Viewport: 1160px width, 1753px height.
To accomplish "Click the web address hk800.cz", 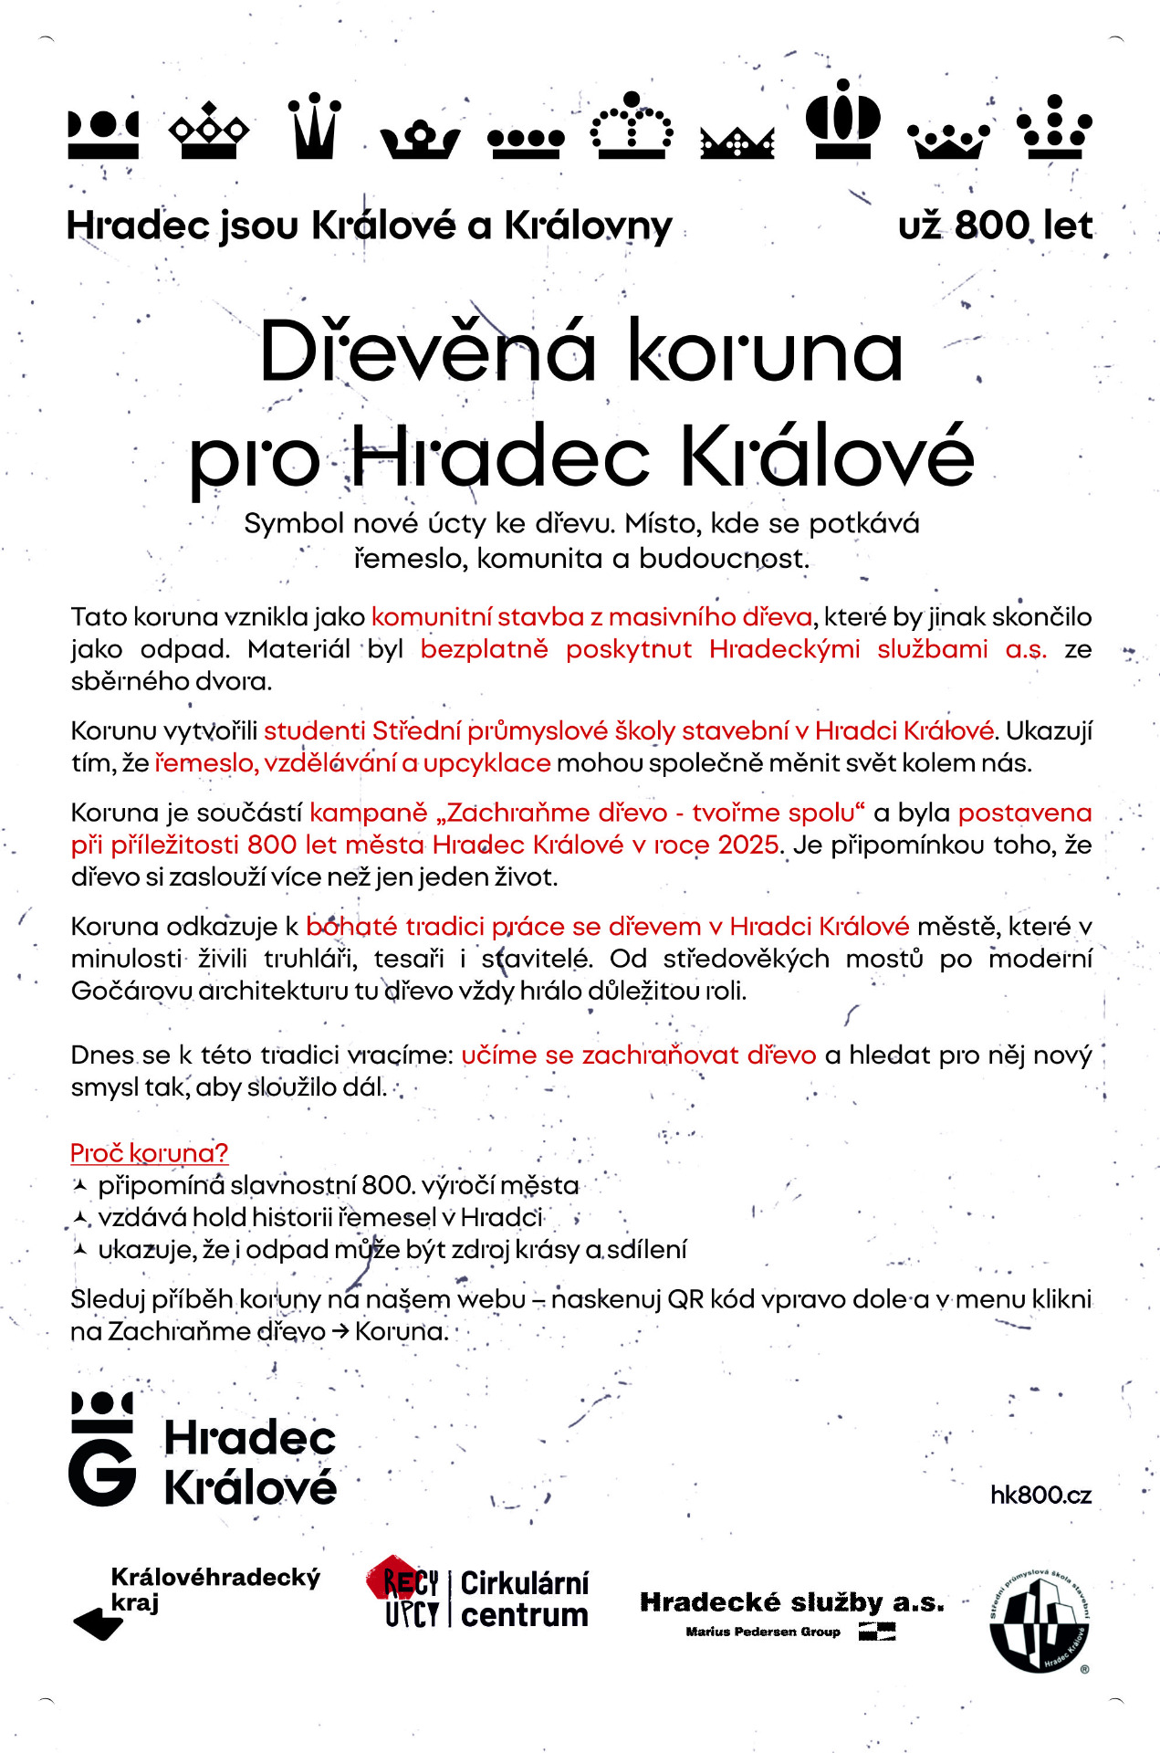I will [1040, 1495].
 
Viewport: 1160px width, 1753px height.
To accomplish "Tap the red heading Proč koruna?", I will [149, 1153].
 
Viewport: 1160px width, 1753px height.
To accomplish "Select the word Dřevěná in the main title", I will [428, 352].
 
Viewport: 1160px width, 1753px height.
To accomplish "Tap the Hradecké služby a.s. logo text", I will [791, 1602].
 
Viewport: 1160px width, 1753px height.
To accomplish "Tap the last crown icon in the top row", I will [1054, 127].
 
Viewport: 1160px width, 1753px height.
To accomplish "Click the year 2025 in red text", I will [748, 845].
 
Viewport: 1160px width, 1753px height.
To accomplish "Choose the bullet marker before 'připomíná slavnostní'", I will [80, 1185].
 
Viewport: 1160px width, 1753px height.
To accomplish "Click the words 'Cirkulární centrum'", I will [524, 1599].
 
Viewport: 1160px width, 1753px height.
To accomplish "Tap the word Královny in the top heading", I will [588, 226].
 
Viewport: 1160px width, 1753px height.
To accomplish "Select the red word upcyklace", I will [486, 762].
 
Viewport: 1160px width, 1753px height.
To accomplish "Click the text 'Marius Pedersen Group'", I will [762, 1632].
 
